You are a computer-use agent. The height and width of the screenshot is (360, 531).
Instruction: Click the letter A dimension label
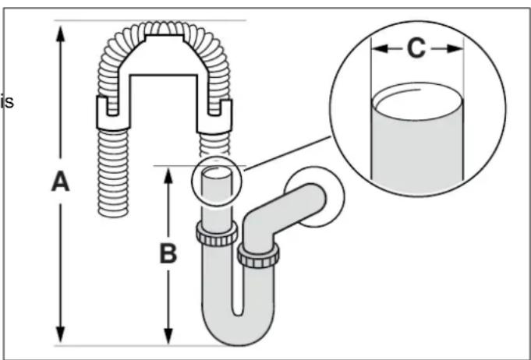[x=60, y=182]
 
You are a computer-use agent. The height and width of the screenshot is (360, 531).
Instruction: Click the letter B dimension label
[x=168, y=254]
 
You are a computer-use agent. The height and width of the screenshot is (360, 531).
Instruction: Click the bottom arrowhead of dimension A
[x=60, y=337]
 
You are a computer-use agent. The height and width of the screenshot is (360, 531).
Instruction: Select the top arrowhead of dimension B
[x=168, y=172]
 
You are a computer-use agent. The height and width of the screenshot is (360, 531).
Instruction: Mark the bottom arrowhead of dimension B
[x=168, y=337]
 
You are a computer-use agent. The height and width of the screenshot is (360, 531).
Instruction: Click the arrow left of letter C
[x=383, y=48]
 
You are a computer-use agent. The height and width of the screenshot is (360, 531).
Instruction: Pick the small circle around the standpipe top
[x=218, y=182]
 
